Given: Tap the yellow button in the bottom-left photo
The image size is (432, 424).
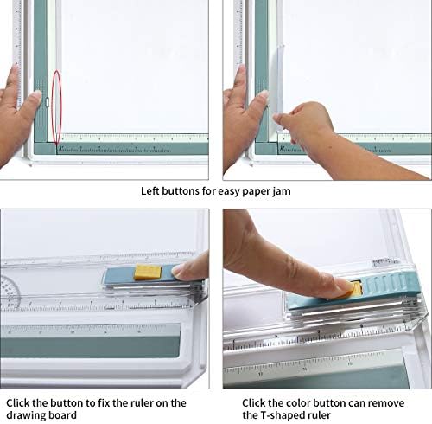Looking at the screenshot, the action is [148, 272].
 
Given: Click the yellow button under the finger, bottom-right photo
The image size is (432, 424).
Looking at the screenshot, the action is [356, 289].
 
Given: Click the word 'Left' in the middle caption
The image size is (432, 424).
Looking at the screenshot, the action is [150, 191].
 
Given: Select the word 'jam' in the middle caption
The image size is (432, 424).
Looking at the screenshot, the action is [282, 191].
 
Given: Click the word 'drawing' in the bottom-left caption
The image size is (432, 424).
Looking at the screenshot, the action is [24, 415].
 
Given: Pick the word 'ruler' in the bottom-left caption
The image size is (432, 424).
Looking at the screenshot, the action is [142, 403].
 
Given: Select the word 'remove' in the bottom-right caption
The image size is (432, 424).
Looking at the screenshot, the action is [386, 403].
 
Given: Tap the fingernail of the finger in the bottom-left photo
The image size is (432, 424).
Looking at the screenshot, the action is [178, 272].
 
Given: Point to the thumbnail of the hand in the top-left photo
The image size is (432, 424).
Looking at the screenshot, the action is [36, 94].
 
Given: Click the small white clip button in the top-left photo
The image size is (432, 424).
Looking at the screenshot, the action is [48, 102].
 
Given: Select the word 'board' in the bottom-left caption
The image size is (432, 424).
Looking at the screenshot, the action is [60, 415].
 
